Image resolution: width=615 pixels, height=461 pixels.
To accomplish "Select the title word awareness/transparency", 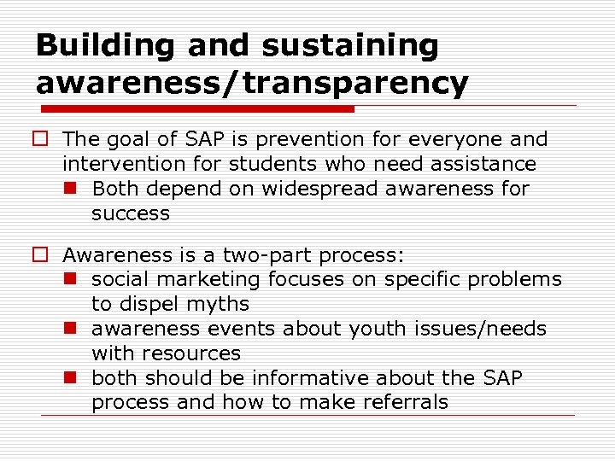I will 252,83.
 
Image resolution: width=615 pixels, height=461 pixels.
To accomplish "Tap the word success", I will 130,213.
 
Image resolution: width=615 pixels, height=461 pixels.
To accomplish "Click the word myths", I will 218,305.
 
